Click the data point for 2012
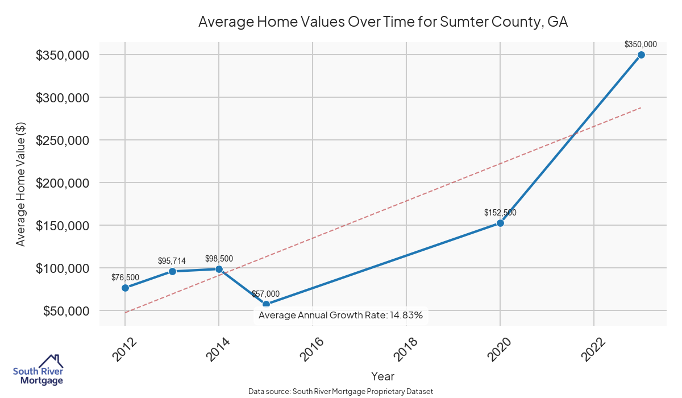click(x=125, y=288)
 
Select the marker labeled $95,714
click(x=172, y=271)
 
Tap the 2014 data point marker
click(x=219, y=269)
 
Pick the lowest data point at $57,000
click(x=266, y=304)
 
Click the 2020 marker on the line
click(x=500, y=223)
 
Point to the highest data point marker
click(x=641, y=55)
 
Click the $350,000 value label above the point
click(x=641, y=44)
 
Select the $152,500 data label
click(x=500, y=213)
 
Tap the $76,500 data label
click(x=125, y=277)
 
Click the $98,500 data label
click(x=219, y=259)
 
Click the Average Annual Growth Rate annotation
click(x=340, y=315)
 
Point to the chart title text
click(x=383, y=22)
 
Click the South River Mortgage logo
click(x=38, y=370)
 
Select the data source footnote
click(x=341, y=391)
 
